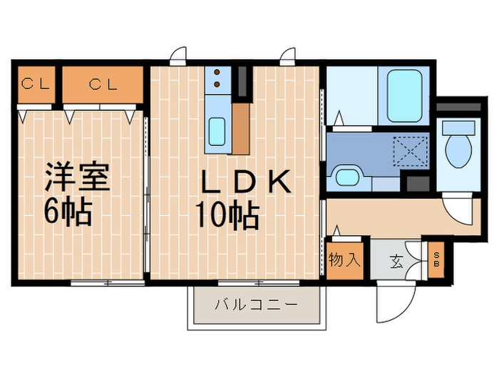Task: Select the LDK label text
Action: (x=245, y=183)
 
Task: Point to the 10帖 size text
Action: (x=227, y=215)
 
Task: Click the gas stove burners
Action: (x=216, y=80)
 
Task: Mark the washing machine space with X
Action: (x=411, y=152)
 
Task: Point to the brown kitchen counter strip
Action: (x=242, y=128)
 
